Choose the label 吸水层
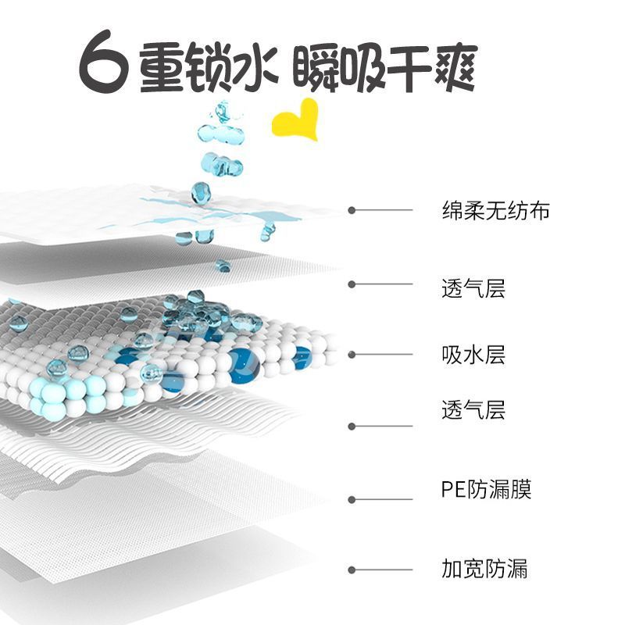coord(473,354)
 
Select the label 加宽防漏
coord(484,567)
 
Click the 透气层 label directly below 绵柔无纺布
coord(473,287)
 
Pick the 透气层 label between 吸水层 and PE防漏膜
coord(473,409)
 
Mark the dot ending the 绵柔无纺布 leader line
coord(352,210)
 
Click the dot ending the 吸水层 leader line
coord(352,355)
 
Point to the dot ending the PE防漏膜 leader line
coord(352,500)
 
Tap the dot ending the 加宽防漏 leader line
coord(352,570)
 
